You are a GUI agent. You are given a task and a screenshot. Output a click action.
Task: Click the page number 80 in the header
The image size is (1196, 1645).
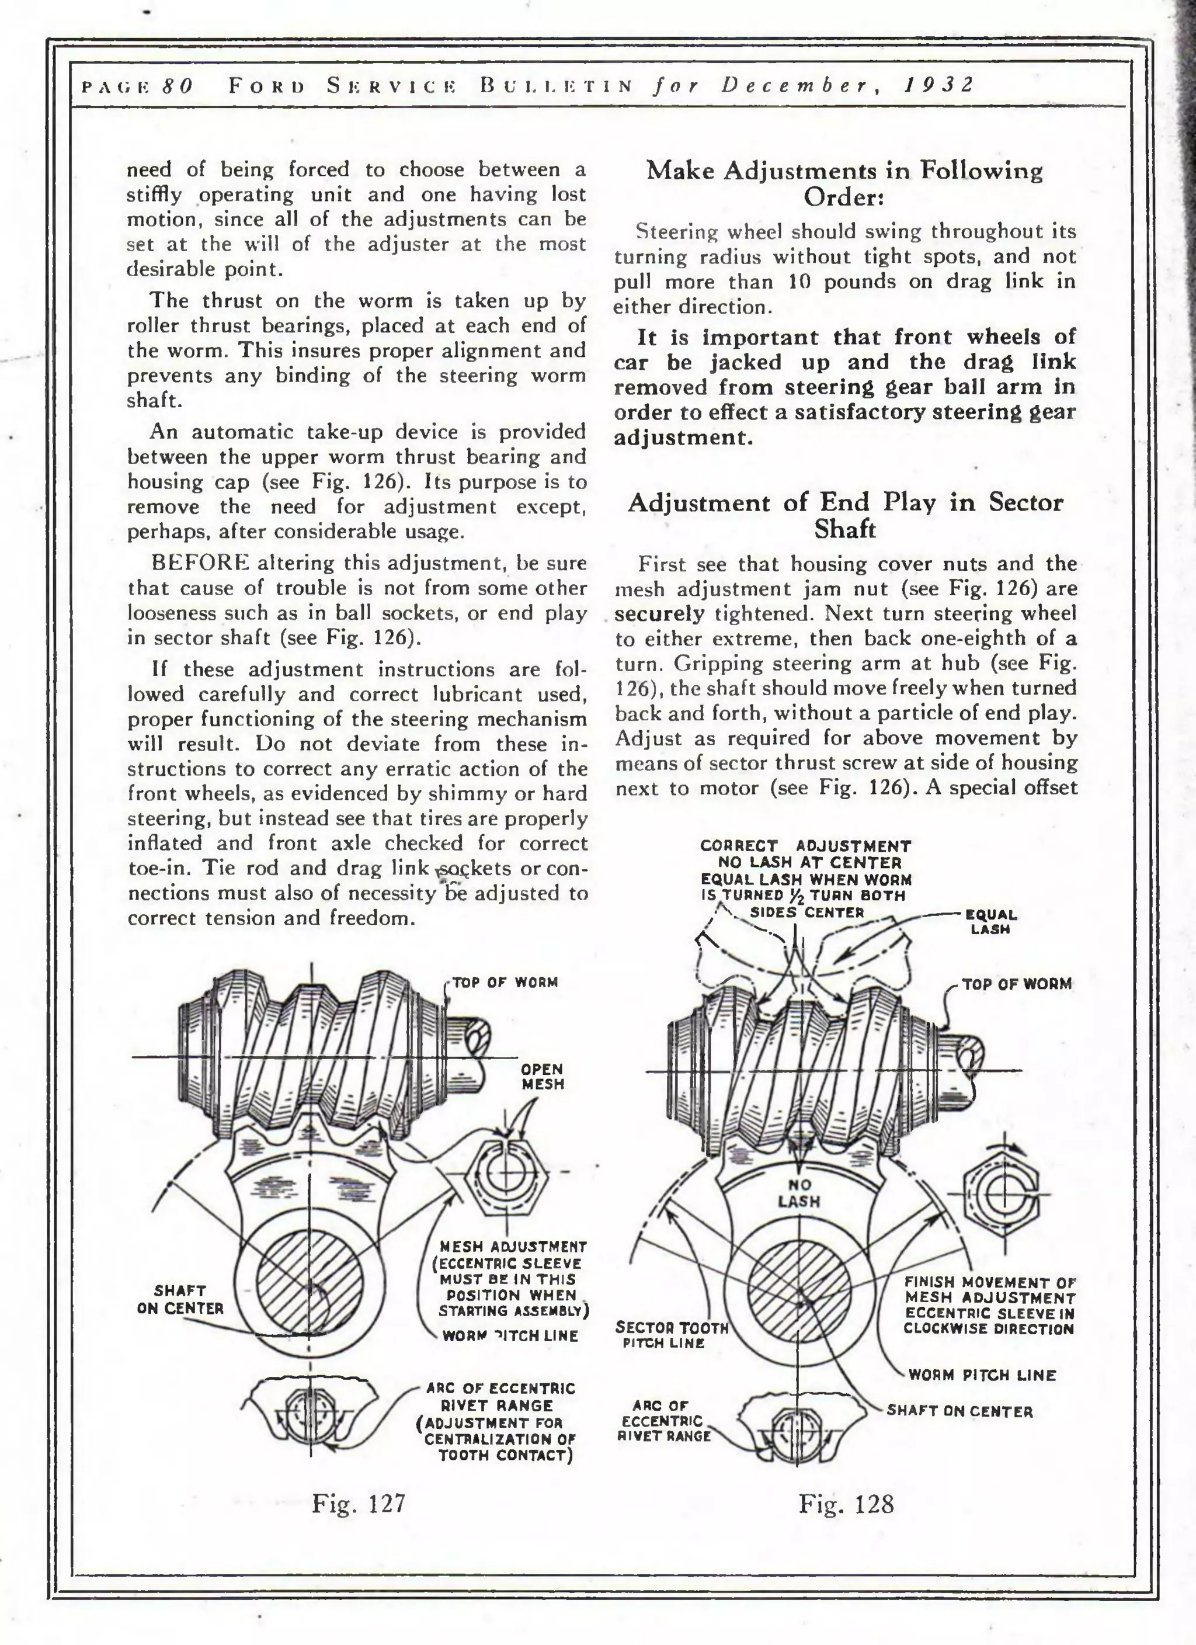point(177,86)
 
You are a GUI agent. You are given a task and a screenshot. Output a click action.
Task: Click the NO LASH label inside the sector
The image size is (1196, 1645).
point(798,1193)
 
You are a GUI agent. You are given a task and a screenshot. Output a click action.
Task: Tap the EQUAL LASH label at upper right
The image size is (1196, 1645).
point(991,922)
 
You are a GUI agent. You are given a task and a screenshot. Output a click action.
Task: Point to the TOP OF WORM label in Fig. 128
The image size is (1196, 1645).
point(1016,984)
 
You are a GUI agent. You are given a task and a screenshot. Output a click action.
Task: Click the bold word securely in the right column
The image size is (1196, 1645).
point(659,613)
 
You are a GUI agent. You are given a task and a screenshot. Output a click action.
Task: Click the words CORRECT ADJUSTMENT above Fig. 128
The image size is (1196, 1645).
point(806,846)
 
